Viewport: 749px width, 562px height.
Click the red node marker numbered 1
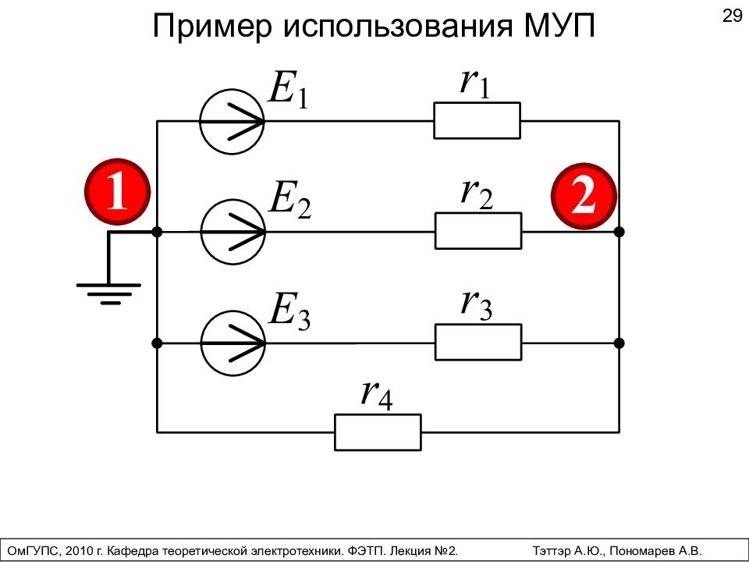pyautogui.click(x=118, y=192)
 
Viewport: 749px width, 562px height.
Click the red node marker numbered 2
pyautogui.click(x=584, y=197)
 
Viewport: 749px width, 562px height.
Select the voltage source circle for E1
pyautogui.click(x=232, y=122)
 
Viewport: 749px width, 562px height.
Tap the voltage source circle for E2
pyautogui.click(x=233, y=232)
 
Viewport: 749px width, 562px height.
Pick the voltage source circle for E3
pyautogui.click(x=233, y=343)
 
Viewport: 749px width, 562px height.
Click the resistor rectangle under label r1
pyautogui.click(x=477, y=120)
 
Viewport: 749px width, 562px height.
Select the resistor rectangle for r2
pyautogui.click(x=478, y=231)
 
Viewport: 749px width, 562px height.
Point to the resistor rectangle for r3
pyautogui.click(x=478, y=342)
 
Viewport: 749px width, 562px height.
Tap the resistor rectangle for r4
pyautogui.click(x=378, y=432)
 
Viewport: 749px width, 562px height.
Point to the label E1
pyautogui.click(x=289, y=89)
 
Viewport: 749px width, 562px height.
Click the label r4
pyautogui.click(x=377, y=396)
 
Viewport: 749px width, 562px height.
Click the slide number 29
pyautogui.click(x=732, y=16)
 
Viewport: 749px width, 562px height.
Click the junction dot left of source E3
pyautogui.click(x=157, y=343)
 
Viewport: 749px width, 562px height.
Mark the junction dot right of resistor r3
pyautogui.click(x=619, y=343)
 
